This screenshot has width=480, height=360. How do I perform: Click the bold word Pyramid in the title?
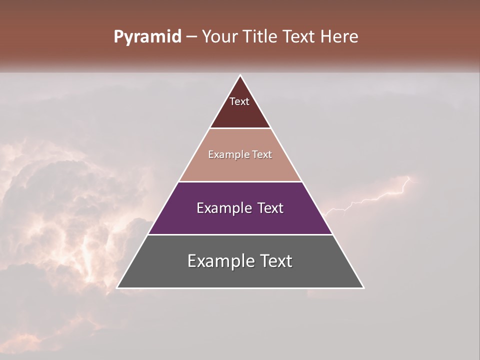point(147,37)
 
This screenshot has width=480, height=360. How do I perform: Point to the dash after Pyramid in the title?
point(191,37)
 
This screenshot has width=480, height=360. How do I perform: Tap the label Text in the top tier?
point(239,101)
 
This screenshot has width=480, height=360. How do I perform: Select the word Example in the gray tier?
point(218,261)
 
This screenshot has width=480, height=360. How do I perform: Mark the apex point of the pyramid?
point(240,75)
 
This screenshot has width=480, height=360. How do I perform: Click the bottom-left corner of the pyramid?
point(117,287)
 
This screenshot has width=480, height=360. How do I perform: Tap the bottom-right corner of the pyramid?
point(363,287)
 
